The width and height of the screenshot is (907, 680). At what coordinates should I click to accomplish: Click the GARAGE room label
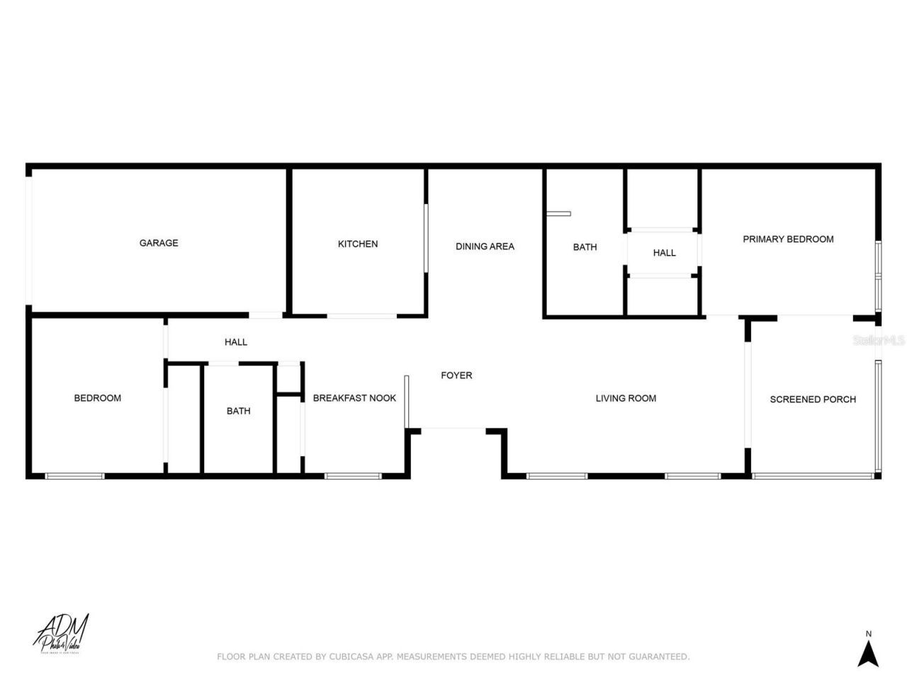click(159, 243)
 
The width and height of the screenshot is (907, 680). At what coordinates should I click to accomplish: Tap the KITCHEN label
click(358, 244)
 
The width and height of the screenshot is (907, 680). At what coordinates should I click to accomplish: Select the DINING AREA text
click(485, 246)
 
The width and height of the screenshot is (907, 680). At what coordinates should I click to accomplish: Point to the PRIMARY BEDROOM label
click(788, 239)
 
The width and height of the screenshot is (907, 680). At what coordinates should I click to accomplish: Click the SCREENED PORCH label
click(813, 399)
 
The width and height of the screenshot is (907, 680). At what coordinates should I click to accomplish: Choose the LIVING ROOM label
click(626, 398)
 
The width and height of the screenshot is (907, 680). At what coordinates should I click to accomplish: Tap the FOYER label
click(456, 375)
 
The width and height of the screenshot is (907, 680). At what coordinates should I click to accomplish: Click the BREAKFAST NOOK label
click(354, 398)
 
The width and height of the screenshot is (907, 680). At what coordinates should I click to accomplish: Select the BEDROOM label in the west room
click(98, 398)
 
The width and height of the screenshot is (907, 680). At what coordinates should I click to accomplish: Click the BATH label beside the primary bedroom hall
click(585, 247)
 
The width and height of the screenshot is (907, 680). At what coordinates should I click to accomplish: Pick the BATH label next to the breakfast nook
click(239, 411)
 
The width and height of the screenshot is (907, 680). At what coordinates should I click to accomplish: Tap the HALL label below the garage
click(236, 342)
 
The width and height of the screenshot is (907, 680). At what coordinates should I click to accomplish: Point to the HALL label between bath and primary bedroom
click(664, 253)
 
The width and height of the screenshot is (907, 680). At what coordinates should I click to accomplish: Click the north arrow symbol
click(868, 652)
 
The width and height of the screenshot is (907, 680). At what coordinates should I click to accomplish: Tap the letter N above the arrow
click(868, 633)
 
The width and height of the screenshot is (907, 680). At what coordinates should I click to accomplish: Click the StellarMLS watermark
click(879, 341)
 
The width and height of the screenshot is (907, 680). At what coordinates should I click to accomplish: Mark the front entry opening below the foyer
click(453, 429)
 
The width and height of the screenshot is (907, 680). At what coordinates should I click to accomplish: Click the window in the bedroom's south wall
click(74, 476)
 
